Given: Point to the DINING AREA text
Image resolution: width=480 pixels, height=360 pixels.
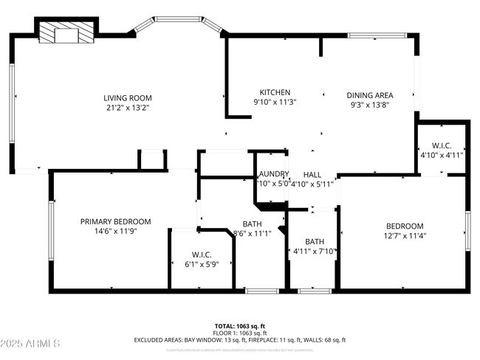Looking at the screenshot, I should (370, 94).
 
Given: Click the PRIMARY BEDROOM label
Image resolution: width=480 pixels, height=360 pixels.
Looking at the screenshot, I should (115, 221).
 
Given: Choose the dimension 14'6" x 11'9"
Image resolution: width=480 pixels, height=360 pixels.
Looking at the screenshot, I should (115, 231).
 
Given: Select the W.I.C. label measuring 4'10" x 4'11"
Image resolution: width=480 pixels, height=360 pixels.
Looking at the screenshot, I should (441, 145).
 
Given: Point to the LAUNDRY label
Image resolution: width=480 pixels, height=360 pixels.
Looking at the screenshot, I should (273, 173).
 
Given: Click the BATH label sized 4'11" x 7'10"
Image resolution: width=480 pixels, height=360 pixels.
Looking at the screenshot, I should (315, 241).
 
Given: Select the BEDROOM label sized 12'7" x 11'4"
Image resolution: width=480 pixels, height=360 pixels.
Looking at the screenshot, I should (405, 226).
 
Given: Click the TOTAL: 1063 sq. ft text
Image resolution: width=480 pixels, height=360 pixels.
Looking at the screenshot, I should (239, 325).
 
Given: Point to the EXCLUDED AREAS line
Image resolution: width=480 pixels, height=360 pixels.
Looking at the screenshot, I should (239, 340).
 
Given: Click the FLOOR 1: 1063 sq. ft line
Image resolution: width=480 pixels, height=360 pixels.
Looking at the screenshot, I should (239, 333).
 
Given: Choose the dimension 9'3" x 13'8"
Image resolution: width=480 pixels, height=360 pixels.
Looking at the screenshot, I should (370, 105).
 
